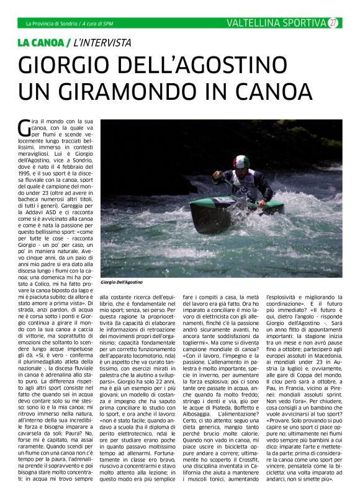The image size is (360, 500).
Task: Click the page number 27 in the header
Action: pyautogui.click(x=333, y=23)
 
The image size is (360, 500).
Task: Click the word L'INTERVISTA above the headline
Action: pyautogui.click(x=102, y=43)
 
